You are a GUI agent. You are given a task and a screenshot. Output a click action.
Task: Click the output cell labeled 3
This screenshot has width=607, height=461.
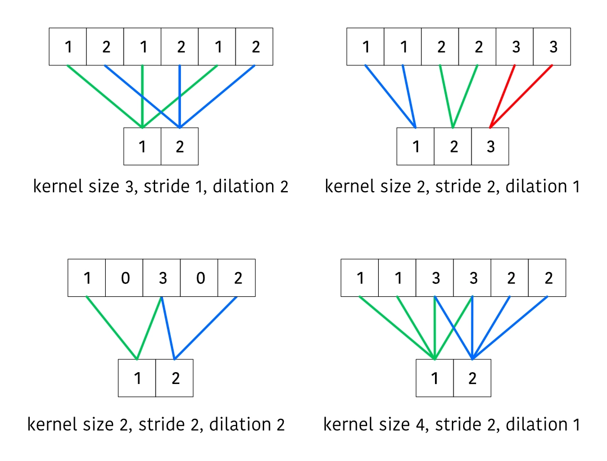click(x=490, y=146)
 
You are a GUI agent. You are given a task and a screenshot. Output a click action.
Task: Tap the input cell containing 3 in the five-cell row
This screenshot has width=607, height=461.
click(x=162, y=278)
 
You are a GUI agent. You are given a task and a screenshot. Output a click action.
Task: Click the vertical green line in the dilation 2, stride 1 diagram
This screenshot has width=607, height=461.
click(x=142, y=96)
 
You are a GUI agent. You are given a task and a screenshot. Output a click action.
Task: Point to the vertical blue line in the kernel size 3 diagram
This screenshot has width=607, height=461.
click(x=180, y=96)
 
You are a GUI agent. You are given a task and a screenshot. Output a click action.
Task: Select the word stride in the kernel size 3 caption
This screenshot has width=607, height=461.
click(x=166, y=186)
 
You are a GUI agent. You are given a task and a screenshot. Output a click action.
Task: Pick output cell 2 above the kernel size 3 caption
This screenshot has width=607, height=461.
click(x=179, y=146)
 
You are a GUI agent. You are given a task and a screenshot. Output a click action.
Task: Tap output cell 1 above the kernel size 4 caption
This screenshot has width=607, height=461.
click(x=434, y=378)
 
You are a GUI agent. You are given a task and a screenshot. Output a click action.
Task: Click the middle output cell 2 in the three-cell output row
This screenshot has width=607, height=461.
click(x=453, y=146)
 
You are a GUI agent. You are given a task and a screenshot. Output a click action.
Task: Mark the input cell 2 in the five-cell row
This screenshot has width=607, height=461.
click(x=237, y=278)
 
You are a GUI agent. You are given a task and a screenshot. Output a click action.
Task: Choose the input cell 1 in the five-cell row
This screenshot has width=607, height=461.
click(x=87, y=278)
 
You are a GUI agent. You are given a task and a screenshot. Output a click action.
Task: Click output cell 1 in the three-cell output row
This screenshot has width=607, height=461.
click(x=415, y=146)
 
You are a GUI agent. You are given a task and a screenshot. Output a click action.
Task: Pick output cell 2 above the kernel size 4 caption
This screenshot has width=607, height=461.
click(x=472, y=378)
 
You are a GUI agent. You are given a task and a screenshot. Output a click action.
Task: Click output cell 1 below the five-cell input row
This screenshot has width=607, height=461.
click(x=137, y=378)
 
